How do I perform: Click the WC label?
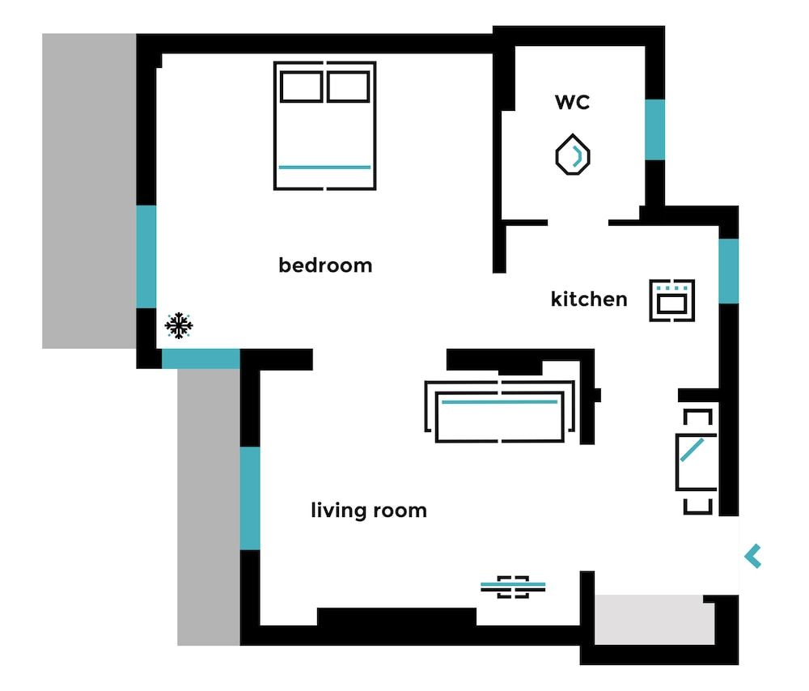(572, 102)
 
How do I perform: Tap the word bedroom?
(325, 265)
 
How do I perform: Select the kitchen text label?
(588, 299)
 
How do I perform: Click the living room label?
(369, 511)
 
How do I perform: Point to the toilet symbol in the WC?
(573, 155)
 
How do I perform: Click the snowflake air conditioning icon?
(178, 326)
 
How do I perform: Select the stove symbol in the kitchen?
(672, 300)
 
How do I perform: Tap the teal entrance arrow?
(753, 556)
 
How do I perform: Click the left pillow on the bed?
(300, 86)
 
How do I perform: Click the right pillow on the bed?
(349, 86)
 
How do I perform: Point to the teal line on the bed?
(324, 167)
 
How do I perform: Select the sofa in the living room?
(500, 413)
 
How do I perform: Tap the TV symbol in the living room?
(513, 586)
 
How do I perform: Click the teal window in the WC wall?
(654, 129)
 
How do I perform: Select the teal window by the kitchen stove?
(729, 270)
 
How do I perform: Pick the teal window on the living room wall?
(250, 498)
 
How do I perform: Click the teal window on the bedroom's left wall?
(146, 256)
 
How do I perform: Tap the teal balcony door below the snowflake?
(201, 358)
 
